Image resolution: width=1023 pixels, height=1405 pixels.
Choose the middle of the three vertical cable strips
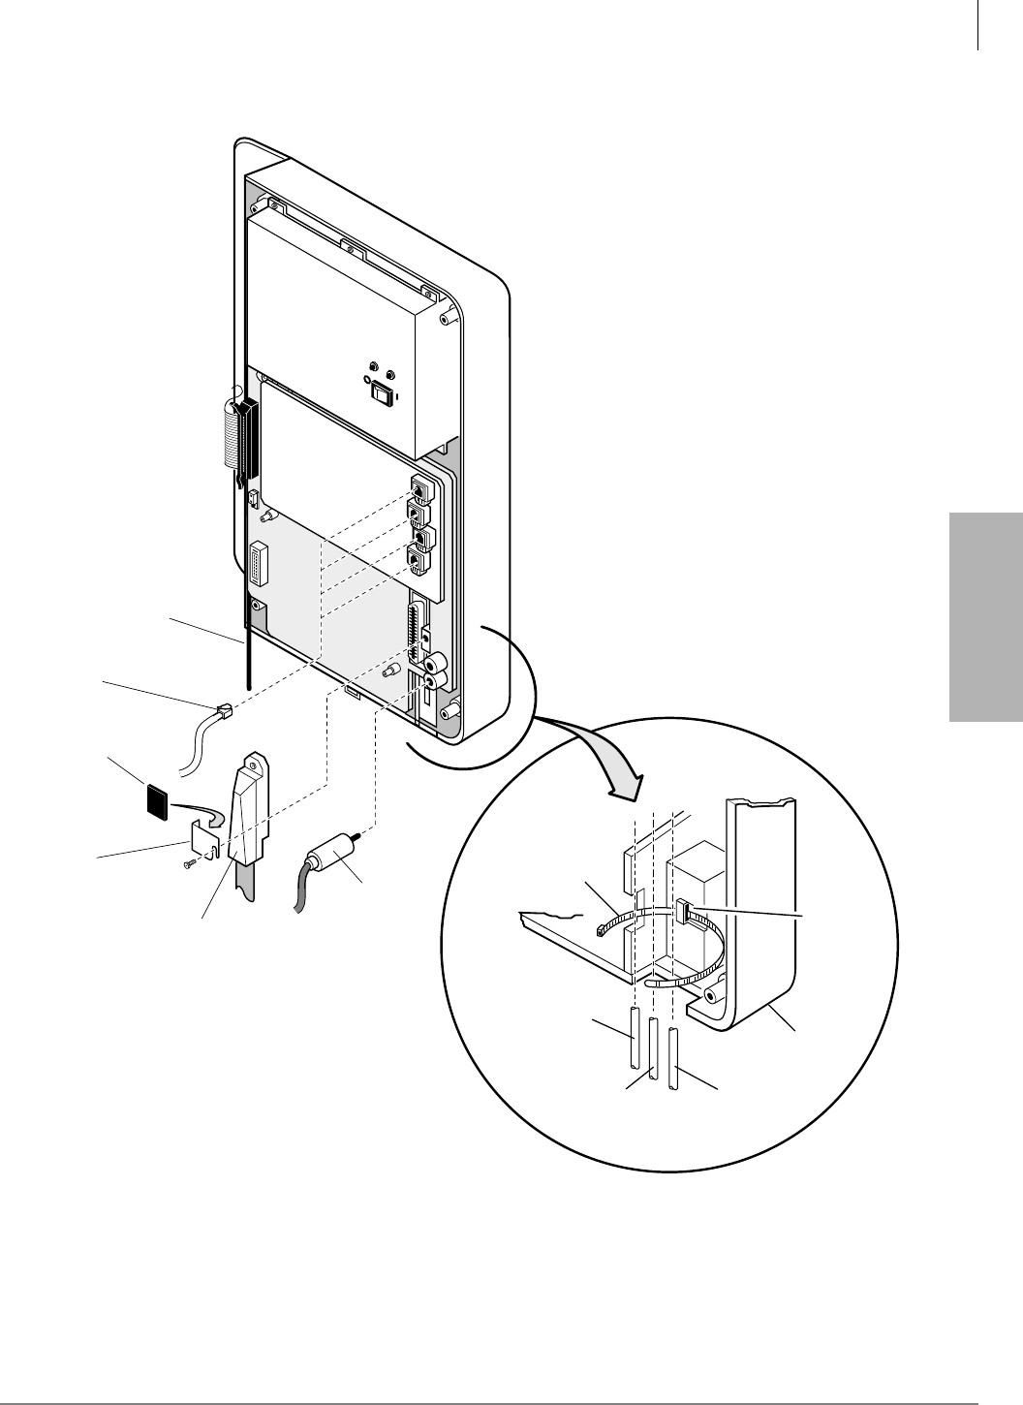(654, 1049)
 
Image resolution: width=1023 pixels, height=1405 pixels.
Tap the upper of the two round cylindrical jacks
(437, 663)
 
